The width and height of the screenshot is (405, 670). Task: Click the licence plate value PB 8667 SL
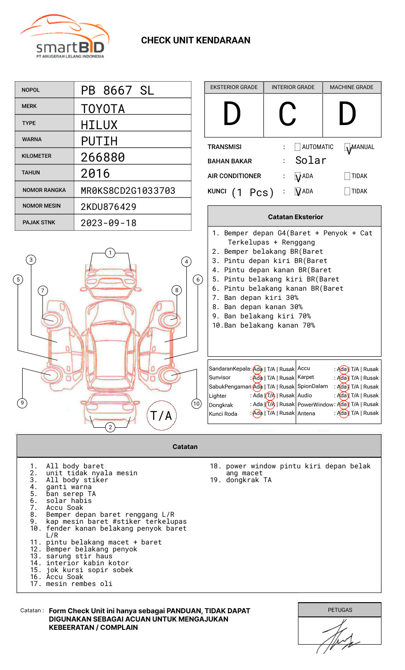tap(117, 90)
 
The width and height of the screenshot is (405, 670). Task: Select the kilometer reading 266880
tap(102, 157)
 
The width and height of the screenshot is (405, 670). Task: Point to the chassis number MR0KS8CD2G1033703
tap(128, 191)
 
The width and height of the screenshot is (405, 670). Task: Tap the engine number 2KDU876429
tap(108, 207)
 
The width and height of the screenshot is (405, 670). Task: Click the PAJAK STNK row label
tap(39, 222)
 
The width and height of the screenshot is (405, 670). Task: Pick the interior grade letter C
tap(287, 114)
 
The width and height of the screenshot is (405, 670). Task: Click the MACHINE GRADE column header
tap(351, 87)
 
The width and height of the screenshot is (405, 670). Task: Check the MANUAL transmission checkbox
tap(347, 147)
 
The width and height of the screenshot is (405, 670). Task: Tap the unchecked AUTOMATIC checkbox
tap(298, 147)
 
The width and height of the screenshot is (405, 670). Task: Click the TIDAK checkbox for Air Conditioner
tap(347, 176)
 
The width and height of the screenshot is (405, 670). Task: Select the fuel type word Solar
tap(310, 161)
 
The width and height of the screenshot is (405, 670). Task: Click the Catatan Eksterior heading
tap(295, 217)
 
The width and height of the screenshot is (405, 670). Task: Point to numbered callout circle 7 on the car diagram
tap(43, 290)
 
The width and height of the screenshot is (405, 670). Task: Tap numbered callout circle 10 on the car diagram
tap(197, 404)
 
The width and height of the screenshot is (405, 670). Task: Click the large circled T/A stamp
tap(161, 415)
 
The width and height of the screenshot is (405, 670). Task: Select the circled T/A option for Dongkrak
tap(271, 405)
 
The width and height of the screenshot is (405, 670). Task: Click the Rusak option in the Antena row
tap(371, 413)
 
